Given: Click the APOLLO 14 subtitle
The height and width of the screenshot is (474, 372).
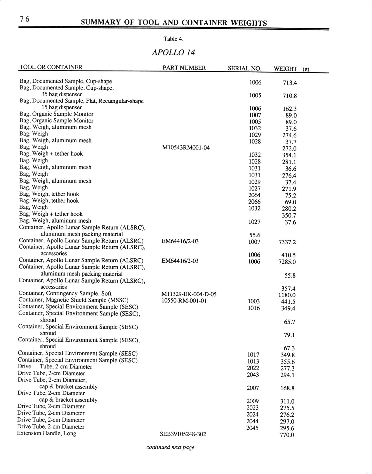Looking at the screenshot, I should click(x=173, y=52).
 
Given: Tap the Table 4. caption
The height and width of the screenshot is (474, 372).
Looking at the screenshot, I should click(x=173, y=39).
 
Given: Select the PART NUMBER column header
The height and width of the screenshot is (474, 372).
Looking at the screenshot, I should click(x=184, y=68).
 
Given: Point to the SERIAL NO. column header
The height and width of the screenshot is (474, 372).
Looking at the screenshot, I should click(x=244, y=69).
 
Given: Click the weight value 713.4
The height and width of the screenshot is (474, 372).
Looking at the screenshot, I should click(x=290, y=83).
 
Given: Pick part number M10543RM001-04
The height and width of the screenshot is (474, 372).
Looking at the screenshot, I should click(x=186, y=148).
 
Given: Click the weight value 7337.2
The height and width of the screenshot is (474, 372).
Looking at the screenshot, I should click(x=287, y=242).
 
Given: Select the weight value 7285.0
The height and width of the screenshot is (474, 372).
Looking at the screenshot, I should click(x=287, y=262).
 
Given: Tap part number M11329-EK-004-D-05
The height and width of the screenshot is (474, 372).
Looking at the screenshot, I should click(x=189, y=294).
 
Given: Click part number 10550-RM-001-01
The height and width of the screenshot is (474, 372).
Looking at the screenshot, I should click(x=184, y=301).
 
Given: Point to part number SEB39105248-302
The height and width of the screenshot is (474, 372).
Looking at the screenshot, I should click(x=183, y=434).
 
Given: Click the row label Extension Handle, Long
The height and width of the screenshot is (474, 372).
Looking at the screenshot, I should click(x=47, y=433).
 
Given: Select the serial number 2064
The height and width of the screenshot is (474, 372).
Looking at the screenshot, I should click(x=254, y=195).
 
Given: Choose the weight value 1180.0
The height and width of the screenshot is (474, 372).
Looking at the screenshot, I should click(x=287, y=295).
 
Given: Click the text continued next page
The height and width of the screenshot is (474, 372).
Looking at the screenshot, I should click(x=170, y=447).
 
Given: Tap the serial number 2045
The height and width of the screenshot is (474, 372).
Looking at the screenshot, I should click(x=252, y=428).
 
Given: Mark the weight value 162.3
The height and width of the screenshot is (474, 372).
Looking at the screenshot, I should click(x=290, y=109).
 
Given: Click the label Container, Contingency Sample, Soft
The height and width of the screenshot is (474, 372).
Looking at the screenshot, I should click(x=65, y=293).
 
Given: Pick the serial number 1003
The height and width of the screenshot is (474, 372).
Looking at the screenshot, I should click(x=253, y=301).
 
